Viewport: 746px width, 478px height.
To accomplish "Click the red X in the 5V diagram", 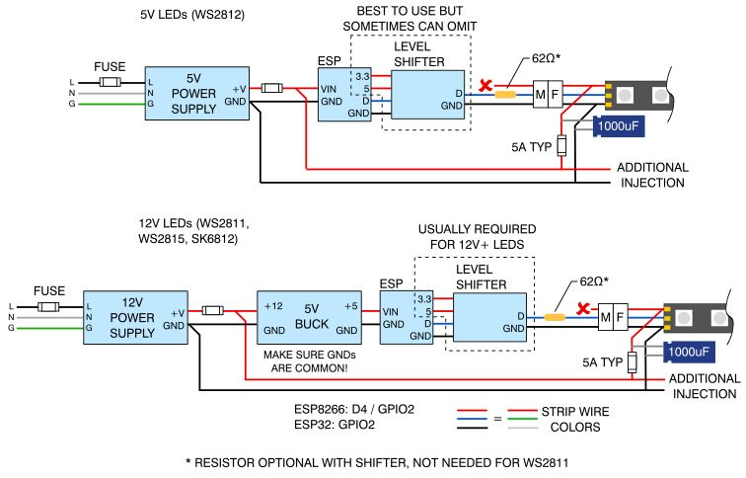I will [485, 87].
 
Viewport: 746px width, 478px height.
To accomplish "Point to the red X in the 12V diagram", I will [584, 309].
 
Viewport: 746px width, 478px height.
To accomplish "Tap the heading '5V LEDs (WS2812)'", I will [193, 16].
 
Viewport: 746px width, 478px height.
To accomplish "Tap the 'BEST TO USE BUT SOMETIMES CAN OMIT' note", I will [410, 17].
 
